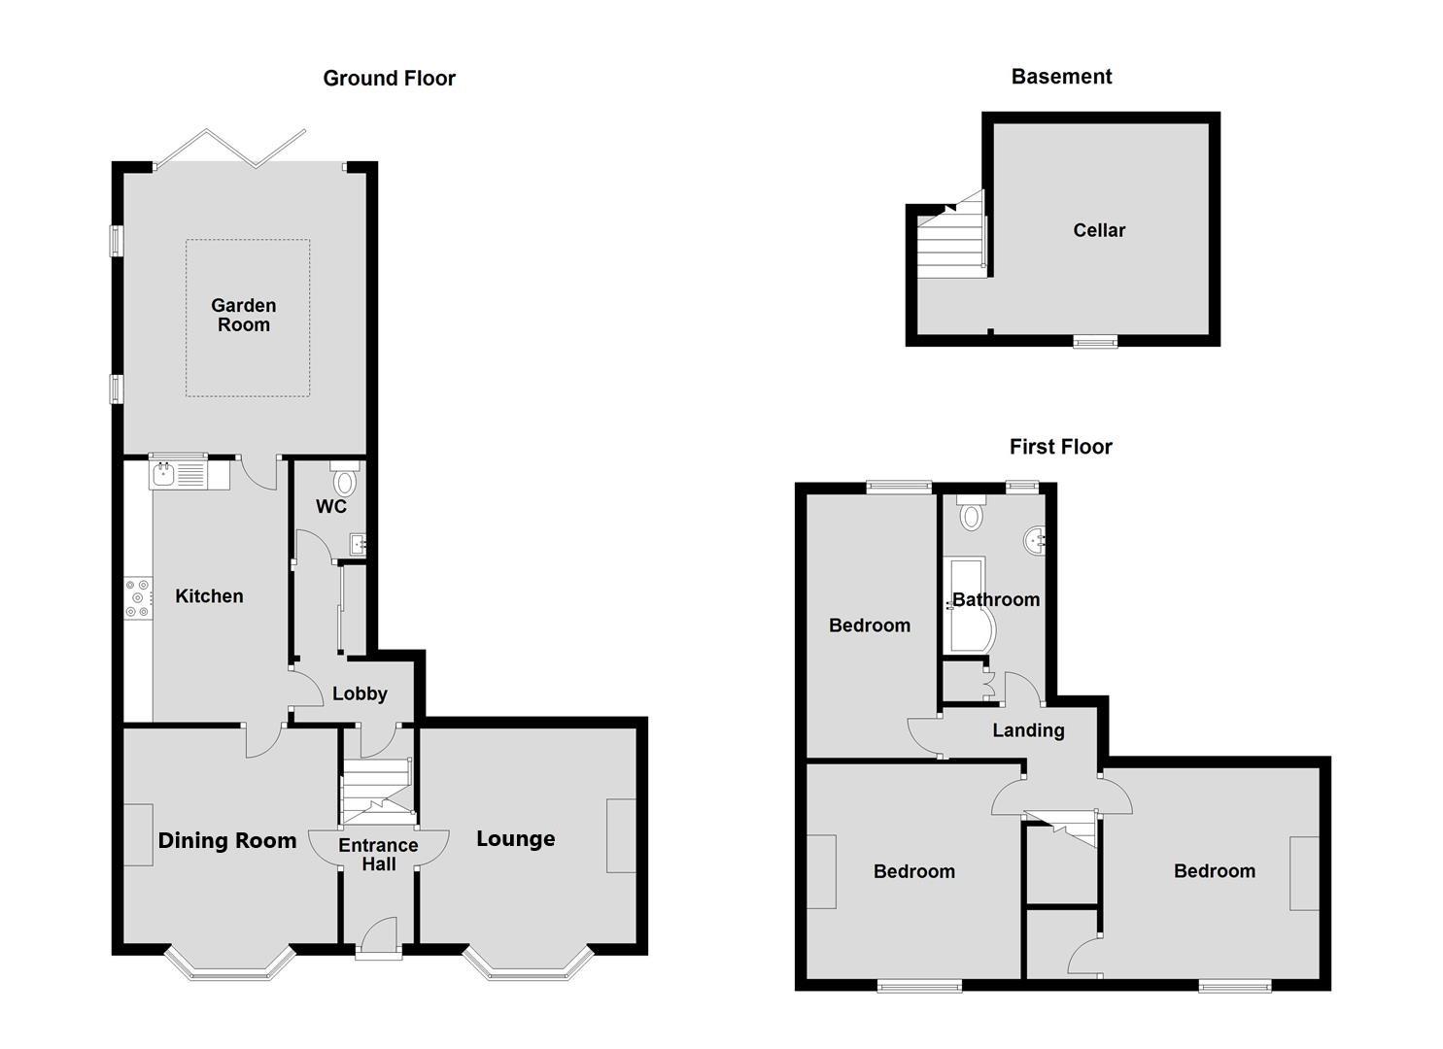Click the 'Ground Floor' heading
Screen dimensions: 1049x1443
pyautogui.click(x=389, y=79)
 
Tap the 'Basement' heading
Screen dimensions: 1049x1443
pyautogui.click(x=1061, y=77)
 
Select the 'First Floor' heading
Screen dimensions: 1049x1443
pyautogui.click(x=1060, y=447)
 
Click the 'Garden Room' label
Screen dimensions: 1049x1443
pyautogui.click(x=244, y=316)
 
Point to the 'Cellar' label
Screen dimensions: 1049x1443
pyautogui.click(x=1099, y=230)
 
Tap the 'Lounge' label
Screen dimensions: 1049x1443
pyautogui.click(x=515, y=839)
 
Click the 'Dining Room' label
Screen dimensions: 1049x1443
pyautogui.click(x=227, y=841)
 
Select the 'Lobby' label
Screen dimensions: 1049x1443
pyautogui.click(x=360, y=694)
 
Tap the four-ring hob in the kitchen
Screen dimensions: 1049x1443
pyautogui.click(x=138, y=598)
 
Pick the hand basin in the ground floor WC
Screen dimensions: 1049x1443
pyautogui.click(x=358, y=544)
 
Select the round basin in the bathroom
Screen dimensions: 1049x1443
pyautogui.click(x=1034, y=537)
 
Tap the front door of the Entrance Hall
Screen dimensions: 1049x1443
pyautogui.click(x=378, y=942)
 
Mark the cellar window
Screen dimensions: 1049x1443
pyautogui.click(x=1095, y=341)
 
